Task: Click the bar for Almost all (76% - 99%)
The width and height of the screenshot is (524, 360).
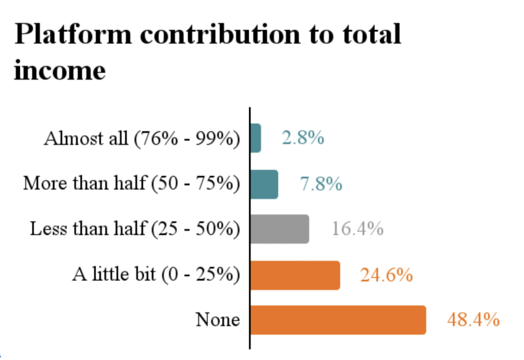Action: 256,138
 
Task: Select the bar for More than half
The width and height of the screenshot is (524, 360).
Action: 264,184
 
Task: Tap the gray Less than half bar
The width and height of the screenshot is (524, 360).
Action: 279,229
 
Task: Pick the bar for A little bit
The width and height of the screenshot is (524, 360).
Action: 295,275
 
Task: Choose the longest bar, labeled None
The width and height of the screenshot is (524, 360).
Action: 338,320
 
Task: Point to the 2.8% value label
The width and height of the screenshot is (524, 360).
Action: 303,138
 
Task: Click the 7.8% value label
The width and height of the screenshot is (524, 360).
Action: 321,184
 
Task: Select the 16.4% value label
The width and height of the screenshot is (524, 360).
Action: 358,229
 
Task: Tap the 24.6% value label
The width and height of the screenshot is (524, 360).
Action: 386,275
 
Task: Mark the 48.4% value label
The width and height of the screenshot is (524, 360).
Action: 473,320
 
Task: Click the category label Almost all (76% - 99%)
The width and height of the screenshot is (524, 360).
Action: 142,139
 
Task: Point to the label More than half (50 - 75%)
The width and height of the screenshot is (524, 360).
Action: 132,184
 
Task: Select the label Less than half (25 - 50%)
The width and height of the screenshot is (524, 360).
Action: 135,229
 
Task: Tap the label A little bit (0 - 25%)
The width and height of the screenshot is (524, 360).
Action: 156,275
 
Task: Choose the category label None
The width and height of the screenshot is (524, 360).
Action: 218,320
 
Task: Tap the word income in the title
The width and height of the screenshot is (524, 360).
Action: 60,70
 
